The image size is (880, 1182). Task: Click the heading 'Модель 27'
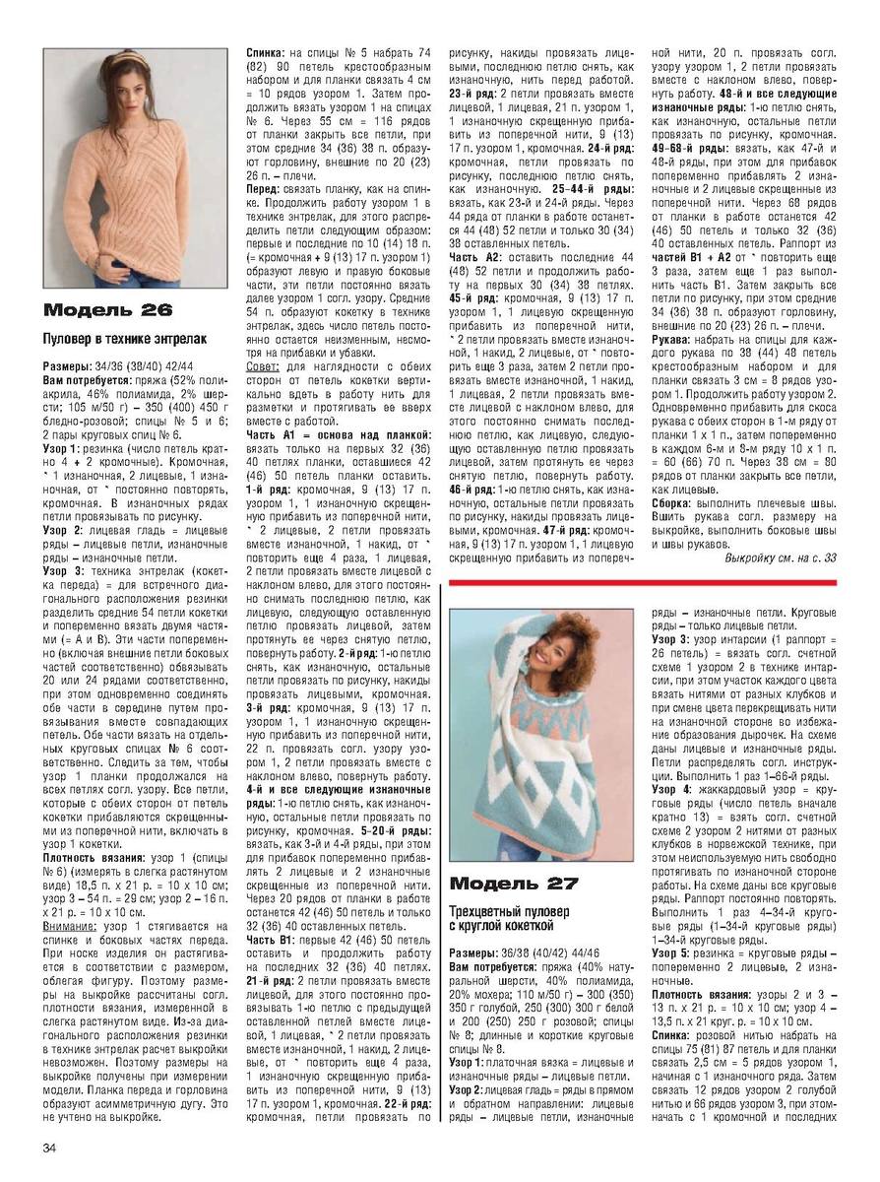tap(514, 882)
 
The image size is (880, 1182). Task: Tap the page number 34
tap(49, 1148)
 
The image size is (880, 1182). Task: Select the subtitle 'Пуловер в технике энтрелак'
tap(124, 340)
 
